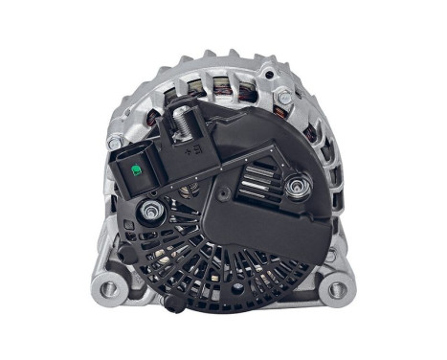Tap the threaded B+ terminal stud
pos(179,124)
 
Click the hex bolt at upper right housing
pos(283,98)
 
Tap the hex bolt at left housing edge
pos(115,144)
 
